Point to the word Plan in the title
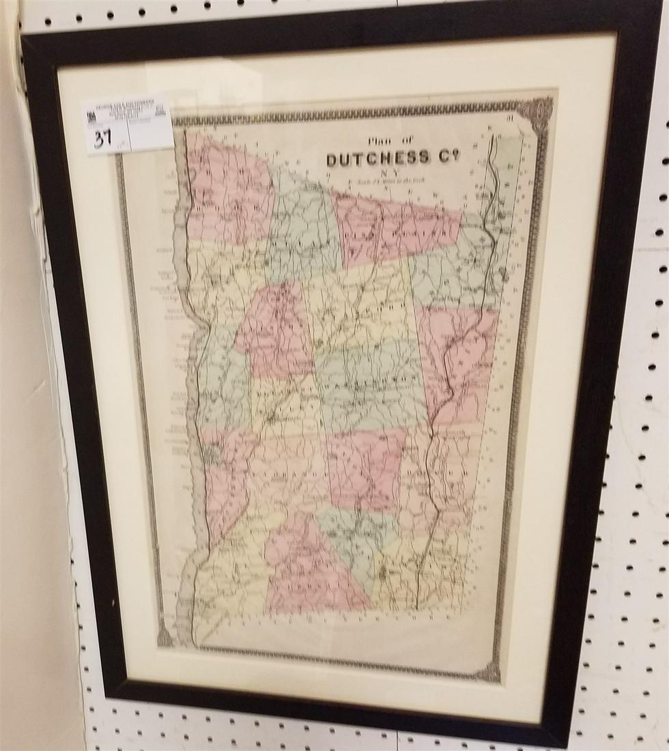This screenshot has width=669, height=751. tap(378, 142)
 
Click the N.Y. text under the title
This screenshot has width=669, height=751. tap(390, 173)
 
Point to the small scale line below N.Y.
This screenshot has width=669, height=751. tap(390, 182)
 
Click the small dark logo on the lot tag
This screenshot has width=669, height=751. tap(90, 117)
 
